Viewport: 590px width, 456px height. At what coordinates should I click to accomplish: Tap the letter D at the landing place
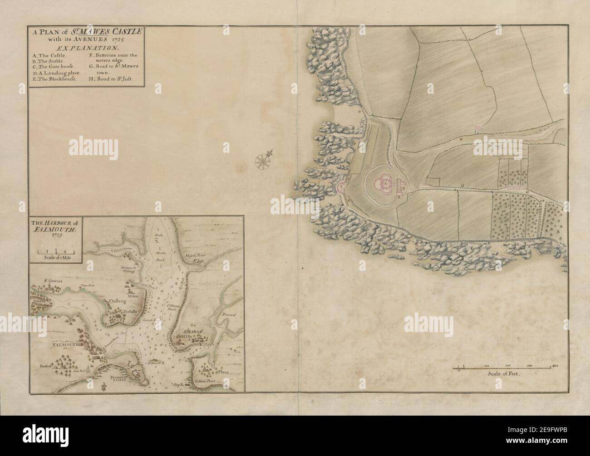point(359,111)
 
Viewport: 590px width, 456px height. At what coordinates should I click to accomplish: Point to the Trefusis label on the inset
point(130,312)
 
